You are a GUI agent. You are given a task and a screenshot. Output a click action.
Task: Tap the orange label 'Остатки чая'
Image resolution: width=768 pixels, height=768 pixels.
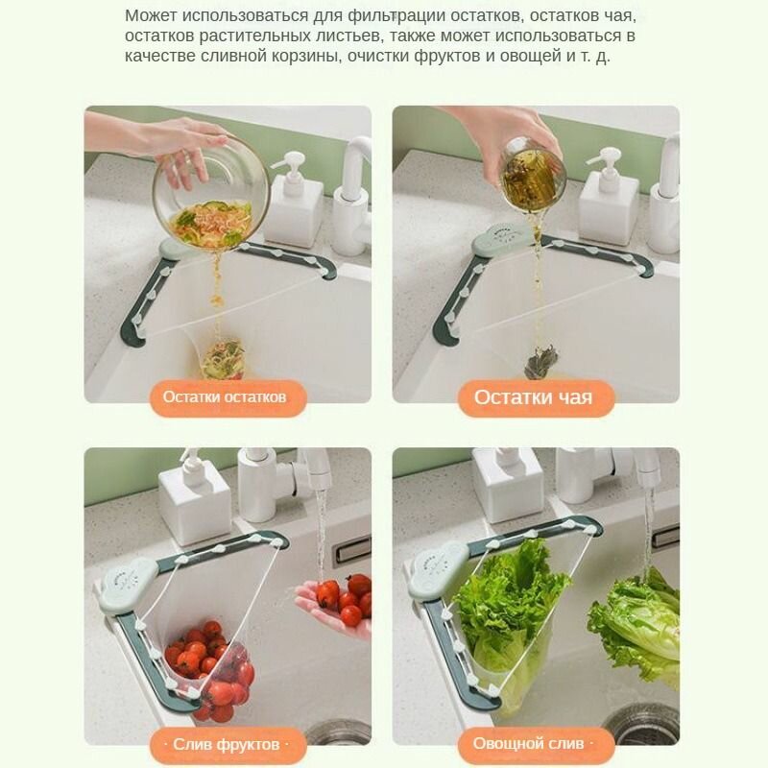(536, 397)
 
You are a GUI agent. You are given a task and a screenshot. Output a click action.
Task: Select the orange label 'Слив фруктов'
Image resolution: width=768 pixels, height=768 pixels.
(228, 745)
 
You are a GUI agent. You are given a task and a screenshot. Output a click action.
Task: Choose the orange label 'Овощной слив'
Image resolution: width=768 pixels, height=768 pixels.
(536, 744)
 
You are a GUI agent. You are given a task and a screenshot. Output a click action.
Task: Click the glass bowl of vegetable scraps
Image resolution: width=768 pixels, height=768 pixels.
(211, 193)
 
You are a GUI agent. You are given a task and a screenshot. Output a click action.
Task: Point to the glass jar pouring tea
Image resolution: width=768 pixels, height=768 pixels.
(533, 176)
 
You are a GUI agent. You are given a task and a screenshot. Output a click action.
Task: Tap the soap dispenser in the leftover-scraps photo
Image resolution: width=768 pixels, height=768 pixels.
(294, 199)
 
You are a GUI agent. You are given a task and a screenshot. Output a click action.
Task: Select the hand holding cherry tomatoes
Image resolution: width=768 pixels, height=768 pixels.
(333, 603)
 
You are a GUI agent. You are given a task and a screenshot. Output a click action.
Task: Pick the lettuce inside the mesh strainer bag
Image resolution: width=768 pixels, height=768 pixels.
(510, 612)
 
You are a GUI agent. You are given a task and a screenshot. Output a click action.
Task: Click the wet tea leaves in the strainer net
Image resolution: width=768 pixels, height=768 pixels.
(541, 362)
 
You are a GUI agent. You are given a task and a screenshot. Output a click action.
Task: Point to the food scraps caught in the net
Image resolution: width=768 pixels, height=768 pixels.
(224, 359)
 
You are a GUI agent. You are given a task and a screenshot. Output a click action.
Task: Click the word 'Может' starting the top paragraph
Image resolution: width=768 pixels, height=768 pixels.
(151, 15)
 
